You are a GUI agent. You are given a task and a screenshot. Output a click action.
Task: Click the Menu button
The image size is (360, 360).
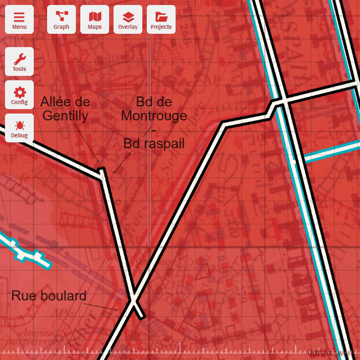(19, 19)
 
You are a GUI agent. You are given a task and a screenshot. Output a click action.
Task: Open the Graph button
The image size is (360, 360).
(61, 19)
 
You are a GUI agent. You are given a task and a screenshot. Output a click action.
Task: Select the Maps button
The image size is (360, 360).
(95, 19)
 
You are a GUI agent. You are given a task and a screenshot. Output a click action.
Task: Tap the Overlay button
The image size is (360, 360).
(128, 19)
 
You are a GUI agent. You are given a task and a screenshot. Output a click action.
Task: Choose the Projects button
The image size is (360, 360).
(161, 19)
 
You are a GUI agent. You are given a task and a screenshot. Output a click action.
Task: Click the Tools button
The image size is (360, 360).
(19, 61)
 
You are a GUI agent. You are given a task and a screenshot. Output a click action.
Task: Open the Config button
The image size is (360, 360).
(19, 95)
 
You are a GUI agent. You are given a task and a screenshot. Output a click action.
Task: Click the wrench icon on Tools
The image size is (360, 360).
(19, 58)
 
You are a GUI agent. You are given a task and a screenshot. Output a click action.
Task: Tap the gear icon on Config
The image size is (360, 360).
(19, 91)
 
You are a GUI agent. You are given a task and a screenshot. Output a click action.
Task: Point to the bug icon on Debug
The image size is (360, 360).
(19, 125)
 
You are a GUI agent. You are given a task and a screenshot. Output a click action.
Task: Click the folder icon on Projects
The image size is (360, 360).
(161, 16)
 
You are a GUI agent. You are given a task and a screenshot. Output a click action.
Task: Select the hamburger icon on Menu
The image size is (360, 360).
(19, 16)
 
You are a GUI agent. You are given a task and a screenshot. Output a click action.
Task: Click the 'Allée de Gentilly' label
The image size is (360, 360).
(65, 109)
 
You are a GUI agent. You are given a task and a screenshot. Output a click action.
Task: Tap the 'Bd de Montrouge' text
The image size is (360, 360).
(153, 109)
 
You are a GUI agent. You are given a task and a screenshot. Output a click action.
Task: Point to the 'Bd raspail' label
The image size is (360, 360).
(153, 143)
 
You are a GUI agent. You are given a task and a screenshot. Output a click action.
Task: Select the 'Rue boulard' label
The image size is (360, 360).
(49, 296)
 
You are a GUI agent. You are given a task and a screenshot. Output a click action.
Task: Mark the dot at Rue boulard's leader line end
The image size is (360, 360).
(117, 310)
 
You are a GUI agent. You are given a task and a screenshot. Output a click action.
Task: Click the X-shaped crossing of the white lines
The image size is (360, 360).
(133, 300)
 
